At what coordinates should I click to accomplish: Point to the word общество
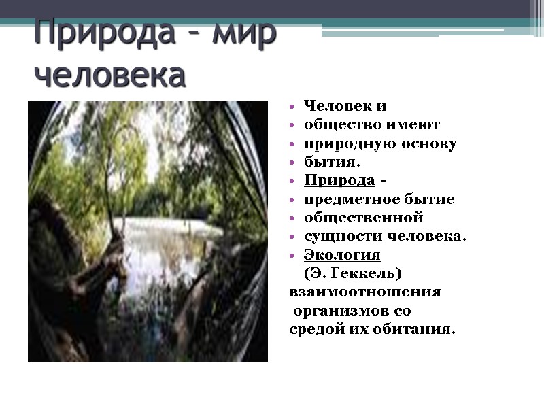[337, 125]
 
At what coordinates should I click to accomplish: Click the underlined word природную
[350, 144]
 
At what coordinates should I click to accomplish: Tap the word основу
[430, 144]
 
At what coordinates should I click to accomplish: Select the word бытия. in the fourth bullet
[332, 163]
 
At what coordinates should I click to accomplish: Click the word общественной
[364, 218]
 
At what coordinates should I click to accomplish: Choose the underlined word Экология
[342, 255]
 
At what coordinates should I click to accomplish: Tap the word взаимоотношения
[365, 292]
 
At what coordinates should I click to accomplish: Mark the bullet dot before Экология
[292, 256]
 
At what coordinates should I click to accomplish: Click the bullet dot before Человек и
[292, 107]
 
